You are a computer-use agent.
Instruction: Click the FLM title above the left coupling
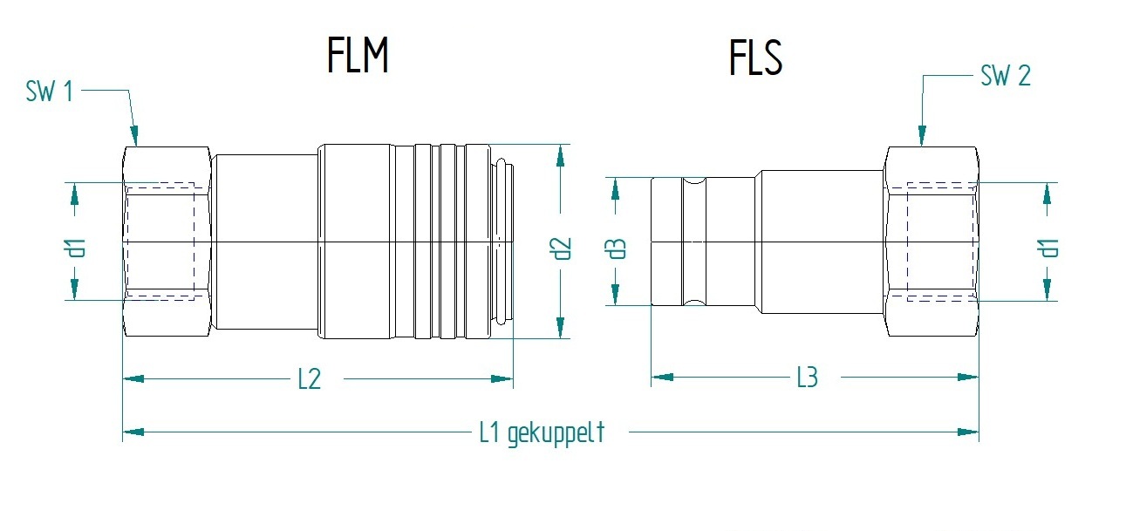[358, 57]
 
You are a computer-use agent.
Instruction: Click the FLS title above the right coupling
[755, 58]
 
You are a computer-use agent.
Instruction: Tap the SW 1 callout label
[50, 92]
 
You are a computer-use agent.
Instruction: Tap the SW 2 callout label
[1006, 76]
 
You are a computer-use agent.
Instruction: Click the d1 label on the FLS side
[1049, 248]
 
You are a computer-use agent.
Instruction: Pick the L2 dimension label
[310, 379]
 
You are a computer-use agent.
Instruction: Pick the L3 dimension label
[807, 378]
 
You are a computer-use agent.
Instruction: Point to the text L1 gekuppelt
[542, 432]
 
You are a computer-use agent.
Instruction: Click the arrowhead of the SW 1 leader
[135, 137]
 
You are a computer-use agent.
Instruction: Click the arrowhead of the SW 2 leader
[921, 137]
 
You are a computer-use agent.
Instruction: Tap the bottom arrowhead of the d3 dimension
[617, 296]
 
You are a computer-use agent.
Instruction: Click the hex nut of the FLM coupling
[167, 242]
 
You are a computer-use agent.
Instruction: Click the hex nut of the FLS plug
[932, 242]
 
